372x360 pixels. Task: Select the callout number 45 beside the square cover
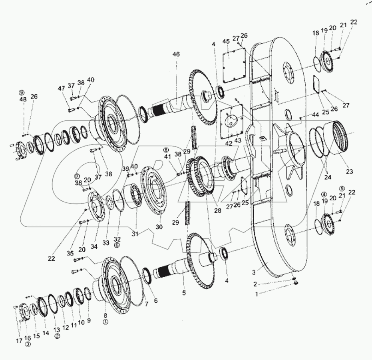[226, 42]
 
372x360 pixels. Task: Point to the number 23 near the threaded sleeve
[349, 172]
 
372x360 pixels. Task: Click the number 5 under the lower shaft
[184, 293]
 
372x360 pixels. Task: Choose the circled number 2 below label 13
[57, 336]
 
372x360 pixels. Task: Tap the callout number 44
[315, 114]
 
